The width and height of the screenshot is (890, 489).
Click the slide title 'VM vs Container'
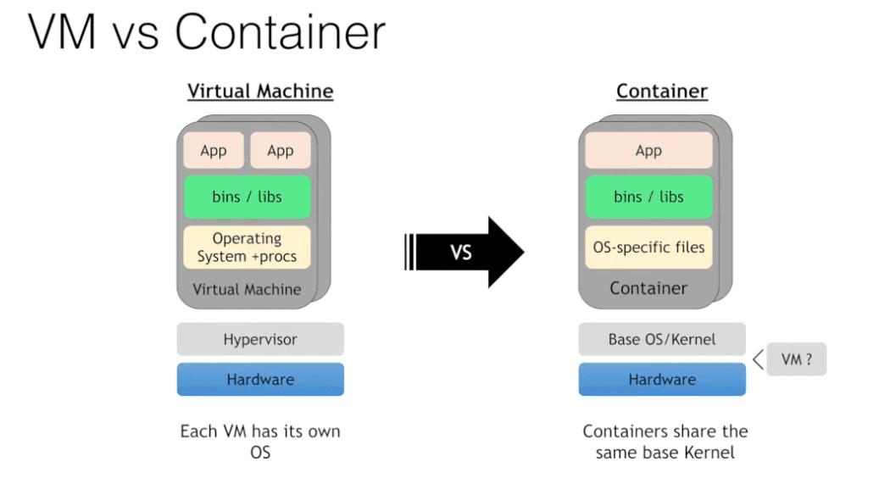(207, 31)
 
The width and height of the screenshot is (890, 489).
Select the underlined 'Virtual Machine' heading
(260, 92)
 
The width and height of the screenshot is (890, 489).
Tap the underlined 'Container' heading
(662, 92)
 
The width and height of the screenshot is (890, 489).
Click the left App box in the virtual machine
(214, 150)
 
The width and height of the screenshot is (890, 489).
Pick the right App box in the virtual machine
(281, 150)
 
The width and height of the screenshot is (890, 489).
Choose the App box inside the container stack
(648, 150)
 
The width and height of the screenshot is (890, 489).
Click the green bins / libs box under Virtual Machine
(247, 197)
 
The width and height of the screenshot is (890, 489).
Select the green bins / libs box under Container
(648, 197)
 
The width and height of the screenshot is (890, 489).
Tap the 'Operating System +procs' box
(247, 247)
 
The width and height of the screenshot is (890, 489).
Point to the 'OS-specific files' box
(648, 247)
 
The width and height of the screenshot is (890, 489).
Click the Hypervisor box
(260, 339)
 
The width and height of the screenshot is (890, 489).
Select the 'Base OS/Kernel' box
(662, 339)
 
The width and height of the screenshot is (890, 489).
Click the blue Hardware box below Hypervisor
(260, 379)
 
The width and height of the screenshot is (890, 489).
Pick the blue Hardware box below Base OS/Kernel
(662, 379)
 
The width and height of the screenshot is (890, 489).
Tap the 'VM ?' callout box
(797, 359)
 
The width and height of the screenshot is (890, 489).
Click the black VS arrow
(464, 252)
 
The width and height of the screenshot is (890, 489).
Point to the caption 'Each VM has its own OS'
(260, 442)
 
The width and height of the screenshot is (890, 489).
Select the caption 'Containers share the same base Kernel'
(665, 442)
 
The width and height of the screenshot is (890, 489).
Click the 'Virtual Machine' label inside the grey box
(247, 289)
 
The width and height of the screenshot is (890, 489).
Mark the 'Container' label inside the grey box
(648, 288)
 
